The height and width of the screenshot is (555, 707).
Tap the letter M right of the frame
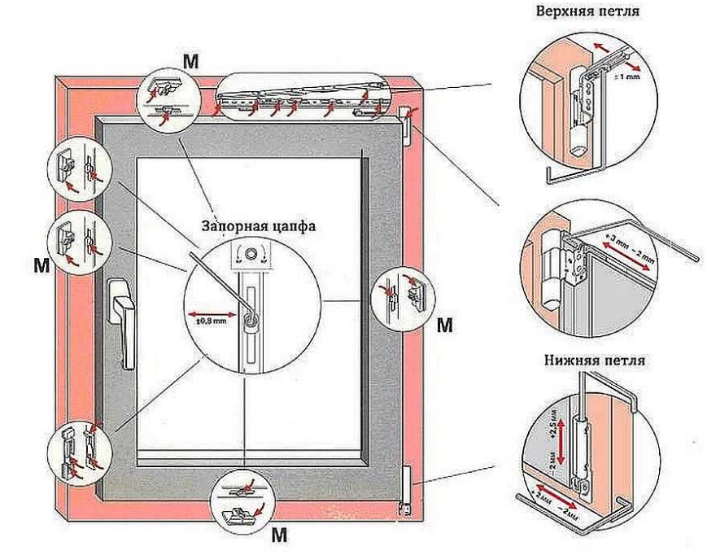click(444, 326)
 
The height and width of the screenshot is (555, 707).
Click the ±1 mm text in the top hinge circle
click(630, 77)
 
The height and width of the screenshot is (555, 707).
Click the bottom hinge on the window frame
click(406, 489)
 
